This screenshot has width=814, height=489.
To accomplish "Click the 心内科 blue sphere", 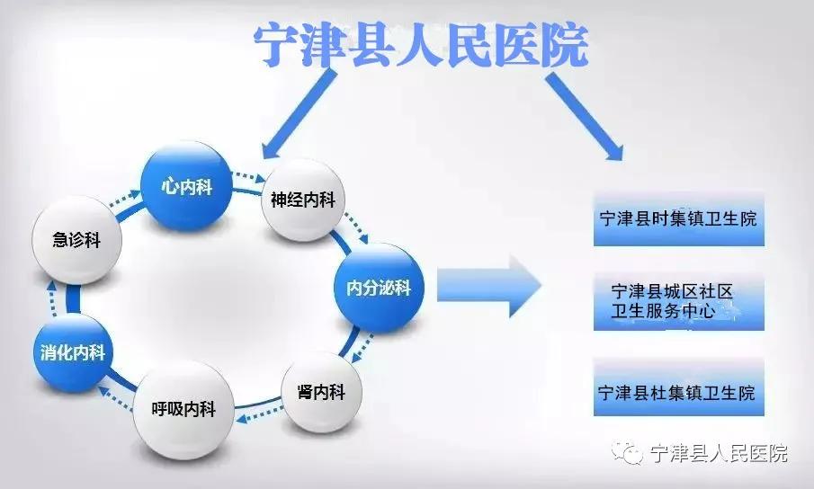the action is [186, 186].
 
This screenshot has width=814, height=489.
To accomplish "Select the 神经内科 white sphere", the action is [303, 200].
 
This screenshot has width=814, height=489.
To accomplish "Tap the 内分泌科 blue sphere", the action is [379, 288].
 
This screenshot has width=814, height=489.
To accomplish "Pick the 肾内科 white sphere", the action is [321, 392].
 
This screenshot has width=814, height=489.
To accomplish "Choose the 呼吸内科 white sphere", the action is [183, 409].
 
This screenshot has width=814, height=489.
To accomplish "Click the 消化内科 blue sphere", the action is [73, 352].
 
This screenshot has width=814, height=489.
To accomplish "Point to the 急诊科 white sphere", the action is [76, 240].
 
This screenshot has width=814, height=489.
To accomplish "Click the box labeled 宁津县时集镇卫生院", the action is [679, 218].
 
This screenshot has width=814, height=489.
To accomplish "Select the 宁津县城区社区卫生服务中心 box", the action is [679, 302].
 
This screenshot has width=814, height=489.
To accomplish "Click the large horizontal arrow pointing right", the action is [489, 286].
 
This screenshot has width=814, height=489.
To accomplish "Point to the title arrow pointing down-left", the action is [298, 115].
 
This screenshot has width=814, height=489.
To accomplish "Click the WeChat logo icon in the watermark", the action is [627, 453].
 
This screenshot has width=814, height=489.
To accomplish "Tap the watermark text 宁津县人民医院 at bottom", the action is [719, 454].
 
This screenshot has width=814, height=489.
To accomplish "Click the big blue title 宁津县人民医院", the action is [421, 45].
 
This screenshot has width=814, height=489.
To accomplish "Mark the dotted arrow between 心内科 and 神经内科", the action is [248, 176].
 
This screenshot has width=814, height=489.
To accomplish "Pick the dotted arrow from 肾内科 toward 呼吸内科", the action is [260, 413].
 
